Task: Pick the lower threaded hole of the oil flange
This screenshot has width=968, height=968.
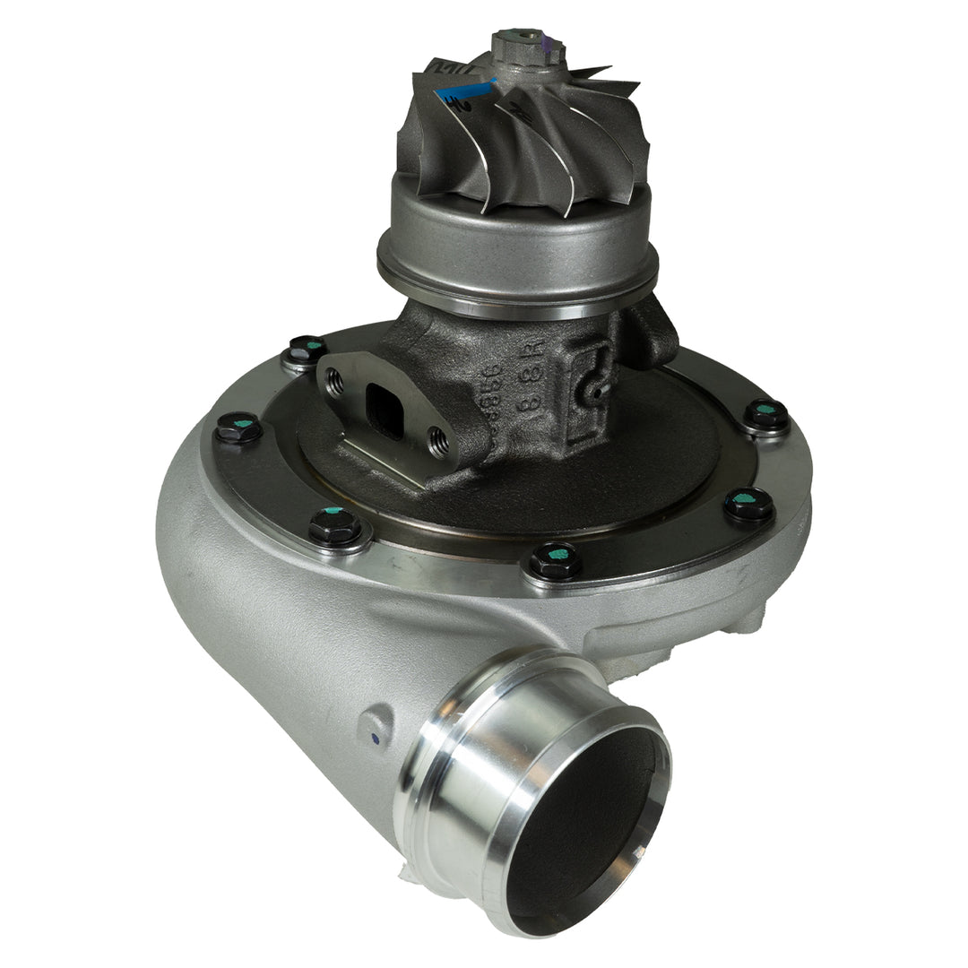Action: point(438,440)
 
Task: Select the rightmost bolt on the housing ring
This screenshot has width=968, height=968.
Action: point(766,414)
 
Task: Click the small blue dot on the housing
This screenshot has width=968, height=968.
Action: point(374,739)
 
